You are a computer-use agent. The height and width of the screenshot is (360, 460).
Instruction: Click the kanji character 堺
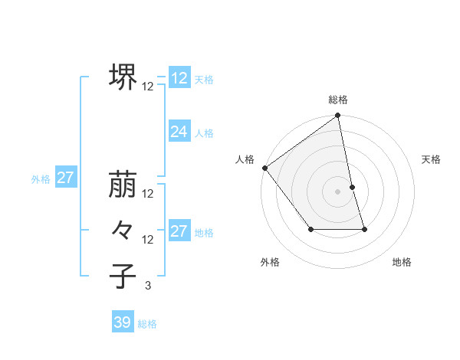click(x=123, y=77)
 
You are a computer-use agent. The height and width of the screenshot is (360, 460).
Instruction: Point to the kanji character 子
click(x=123, y=277)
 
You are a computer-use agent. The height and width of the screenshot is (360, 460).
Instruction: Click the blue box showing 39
click(x=122, y=322)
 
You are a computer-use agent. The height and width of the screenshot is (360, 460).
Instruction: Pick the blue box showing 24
click(x=179, y=132)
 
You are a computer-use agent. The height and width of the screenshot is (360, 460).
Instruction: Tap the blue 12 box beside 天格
click(x=179, y=78)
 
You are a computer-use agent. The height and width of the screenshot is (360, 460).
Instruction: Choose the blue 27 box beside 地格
click(x=179, y=231)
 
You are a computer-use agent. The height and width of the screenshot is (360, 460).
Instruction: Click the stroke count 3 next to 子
click(x=148, y=286)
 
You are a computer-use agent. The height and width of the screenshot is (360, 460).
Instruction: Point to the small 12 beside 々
click(x=148, y=240)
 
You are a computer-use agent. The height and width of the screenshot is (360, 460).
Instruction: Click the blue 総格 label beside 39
click(x=147, y=324)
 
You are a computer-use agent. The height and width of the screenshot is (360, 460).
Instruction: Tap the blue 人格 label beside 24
click(x=204, y=133)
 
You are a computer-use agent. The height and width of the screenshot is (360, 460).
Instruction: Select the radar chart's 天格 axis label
click(x=431, y=159)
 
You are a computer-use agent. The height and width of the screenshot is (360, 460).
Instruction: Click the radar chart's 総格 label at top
click(x=338, y=100)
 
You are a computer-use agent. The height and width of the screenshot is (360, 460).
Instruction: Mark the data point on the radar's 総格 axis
click(x=338, y=116)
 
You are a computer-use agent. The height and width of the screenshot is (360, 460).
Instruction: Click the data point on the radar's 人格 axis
click(x=264, y=168)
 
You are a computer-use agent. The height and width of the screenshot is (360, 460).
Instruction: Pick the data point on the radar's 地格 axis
click(x=364, y=229)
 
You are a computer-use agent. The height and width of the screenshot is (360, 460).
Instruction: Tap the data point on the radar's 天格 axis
click(x=352, y=187)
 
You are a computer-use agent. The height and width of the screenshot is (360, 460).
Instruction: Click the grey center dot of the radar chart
click(x=338, y=191)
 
